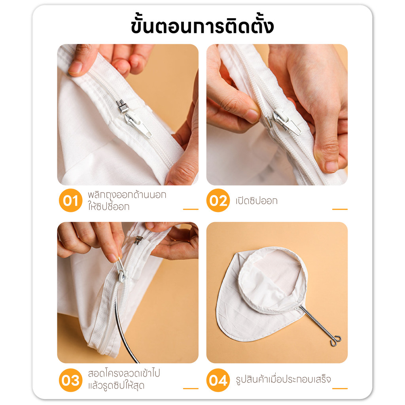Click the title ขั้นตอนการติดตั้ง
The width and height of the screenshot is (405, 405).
tap(202, 25)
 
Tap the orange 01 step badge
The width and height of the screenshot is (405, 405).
tap(70, 201)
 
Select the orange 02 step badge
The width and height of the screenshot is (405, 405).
tap(218, 201)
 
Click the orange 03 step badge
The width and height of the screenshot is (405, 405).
tap(70, 380)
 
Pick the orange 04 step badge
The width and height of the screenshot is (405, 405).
tap(218, 380)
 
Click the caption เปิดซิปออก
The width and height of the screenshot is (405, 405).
tap(256, 201)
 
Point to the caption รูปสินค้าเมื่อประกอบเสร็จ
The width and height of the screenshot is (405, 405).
tap(283, 379)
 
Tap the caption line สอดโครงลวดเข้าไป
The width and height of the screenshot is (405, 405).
tap(124, 373)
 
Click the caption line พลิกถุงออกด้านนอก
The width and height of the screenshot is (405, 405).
tap(127, 195)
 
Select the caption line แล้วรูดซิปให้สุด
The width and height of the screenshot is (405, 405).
tap(116, 386)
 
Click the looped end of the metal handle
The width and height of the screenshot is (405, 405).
tap(335, 341)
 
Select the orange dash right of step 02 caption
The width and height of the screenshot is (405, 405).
tap(340, 209)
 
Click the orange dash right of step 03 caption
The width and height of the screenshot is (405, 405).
tap(191, 388)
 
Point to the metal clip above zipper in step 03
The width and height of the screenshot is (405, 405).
tap(138, 240)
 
